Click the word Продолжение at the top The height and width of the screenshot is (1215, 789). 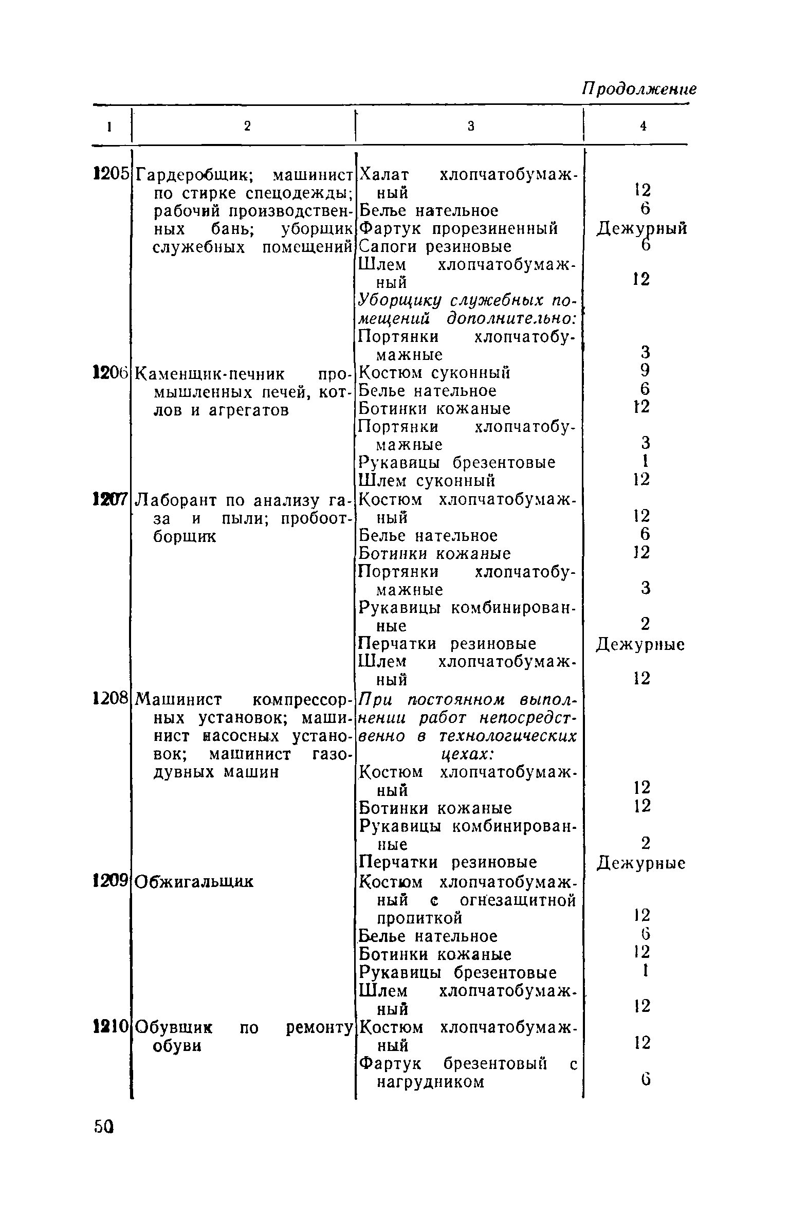coord(639,89)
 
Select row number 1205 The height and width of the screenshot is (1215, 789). coord(110,175)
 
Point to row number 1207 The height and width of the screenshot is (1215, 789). coord(110,499)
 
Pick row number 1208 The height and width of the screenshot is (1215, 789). coord(110,699)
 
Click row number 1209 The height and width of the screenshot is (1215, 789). coord(110,881)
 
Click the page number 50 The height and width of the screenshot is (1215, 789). coord(104,1128)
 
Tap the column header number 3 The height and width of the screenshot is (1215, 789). coord(470,126)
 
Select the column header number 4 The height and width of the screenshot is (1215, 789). coord(643,126)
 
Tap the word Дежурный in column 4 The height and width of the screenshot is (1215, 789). coord(641,228)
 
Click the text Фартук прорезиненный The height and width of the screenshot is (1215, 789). coord(458,228)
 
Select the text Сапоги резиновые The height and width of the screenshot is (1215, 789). coord(435,247)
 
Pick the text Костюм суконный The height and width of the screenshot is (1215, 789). coord(434,372)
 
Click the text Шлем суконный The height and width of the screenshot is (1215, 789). coord(427,481)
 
